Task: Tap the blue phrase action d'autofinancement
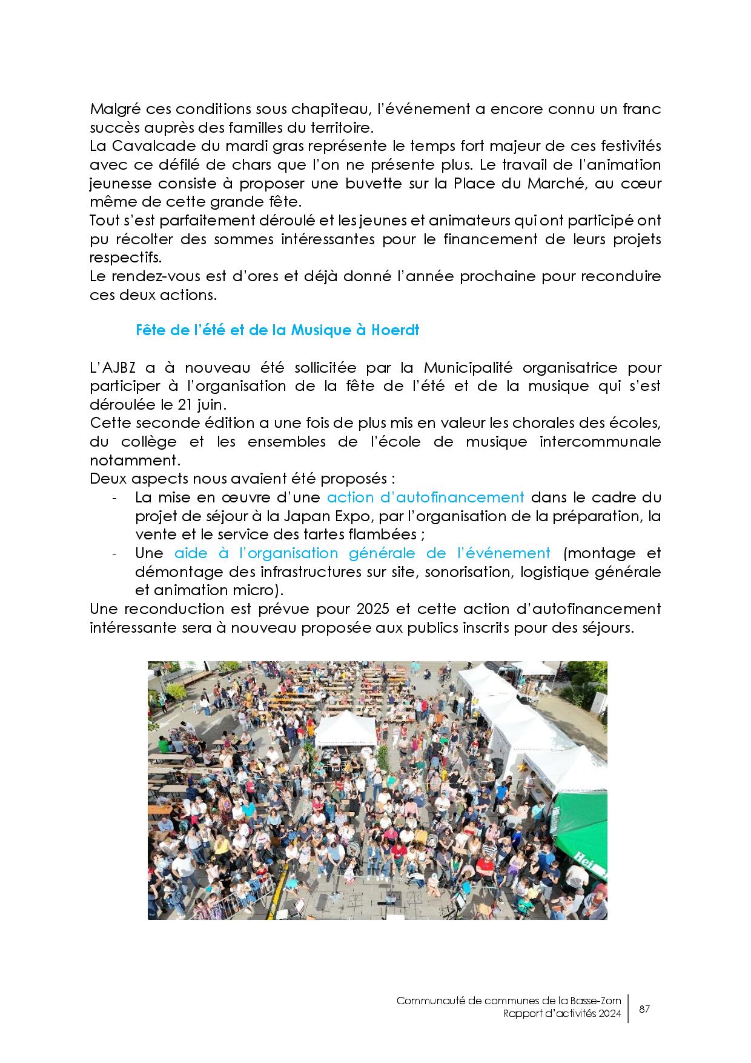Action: [x=425, y=498]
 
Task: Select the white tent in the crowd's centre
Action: [x=345, y=727]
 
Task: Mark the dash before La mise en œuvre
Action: [x=114, y=498]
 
